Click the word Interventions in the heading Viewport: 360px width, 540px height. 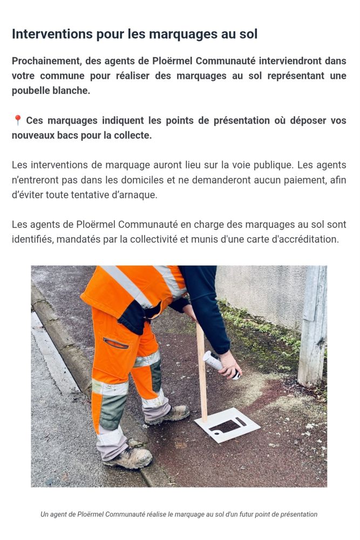52,34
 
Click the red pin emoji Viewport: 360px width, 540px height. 18,120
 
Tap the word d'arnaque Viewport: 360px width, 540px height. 137,195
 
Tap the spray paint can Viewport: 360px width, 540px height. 221,364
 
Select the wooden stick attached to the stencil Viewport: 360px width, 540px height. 202,372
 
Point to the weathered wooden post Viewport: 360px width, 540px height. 313,326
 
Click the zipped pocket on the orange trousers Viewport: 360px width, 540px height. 116,343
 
